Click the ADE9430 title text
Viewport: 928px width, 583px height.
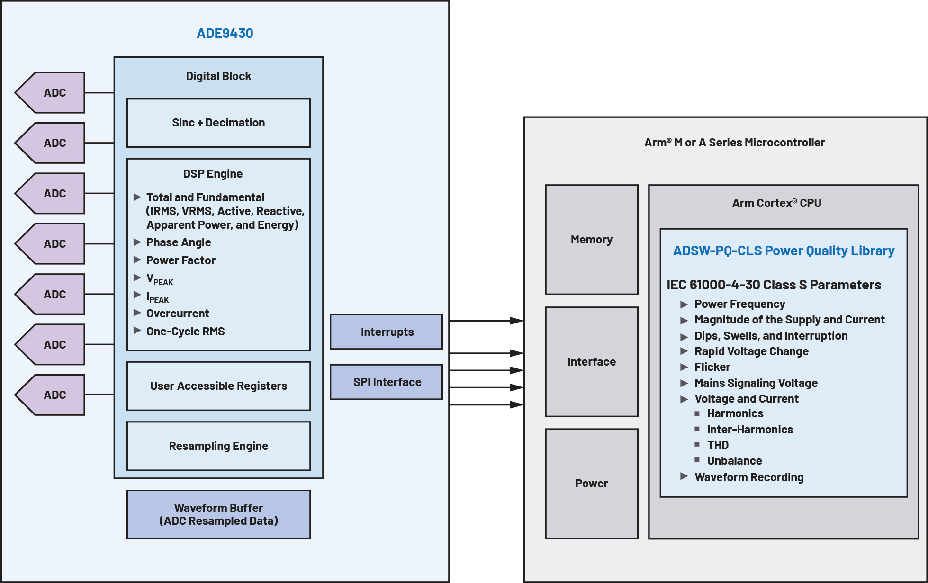225,33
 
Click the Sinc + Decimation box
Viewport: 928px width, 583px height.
218,123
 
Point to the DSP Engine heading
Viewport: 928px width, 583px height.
213,174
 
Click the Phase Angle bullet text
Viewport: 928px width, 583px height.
179,242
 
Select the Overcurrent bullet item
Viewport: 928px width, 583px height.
178,314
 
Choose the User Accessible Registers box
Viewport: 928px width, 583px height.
218,386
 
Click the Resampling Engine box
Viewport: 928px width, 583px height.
218,446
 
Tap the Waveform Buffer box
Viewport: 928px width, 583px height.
218,514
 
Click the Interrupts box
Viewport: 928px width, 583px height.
387,332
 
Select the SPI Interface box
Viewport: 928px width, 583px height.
387,382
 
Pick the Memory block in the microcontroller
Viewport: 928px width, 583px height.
592,240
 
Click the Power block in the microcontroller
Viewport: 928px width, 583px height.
592,484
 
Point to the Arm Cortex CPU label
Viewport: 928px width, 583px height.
776,203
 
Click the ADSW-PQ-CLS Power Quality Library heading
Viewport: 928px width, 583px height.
784,251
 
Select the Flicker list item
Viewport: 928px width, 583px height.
712,367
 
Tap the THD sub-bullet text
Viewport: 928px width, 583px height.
718,445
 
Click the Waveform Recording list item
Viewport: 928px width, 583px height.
749,477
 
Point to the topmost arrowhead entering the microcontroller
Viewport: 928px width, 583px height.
517,321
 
